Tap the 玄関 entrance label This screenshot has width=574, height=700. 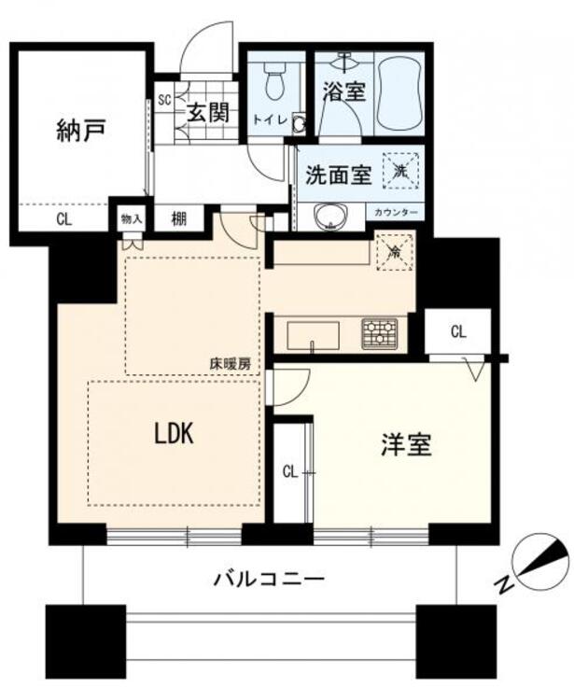point(207,114)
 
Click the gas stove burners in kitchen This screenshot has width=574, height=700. point(379,333)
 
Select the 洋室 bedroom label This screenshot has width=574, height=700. point(405,445)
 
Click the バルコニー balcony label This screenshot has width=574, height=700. point(269,580)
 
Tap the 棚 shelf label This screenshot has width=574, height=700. point(178,219)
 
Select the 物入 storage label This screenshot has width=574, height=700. point(131,219)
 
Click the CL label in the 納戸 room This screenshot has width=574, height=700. point(63,220)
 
